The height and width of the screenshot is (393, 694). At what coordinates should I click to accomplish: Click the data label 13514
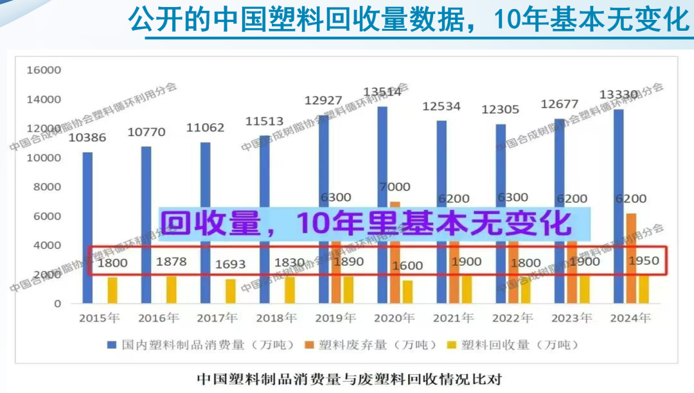tap(382, 92)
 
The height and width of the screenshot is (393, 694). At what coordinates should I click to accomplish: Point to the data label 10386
tap(87, 137)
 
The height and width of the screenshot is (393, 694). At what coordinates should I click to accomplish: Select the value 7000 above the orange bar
tap(395, 188)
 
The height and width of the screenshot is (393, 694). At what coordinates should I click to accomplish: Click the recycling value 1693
tap(230, 263)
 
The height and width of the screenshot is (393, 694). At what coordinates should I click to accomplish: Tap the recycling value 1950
tap(643, 261)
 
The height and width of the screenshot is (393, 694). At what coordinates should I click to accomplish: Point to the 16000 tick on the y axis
tap(44, 70)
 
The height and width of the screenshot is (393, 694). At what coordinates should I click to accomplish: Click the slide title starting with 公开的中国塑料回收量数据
tap(408, 19)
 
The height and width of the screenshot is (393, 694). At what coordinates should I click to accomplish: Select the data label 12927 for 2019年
tap(323, 100)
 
